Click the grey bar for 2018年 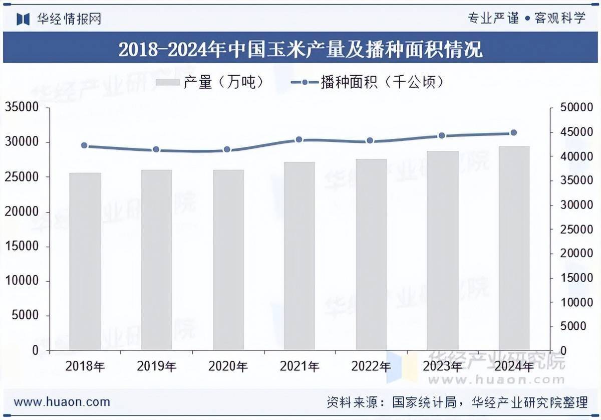85,261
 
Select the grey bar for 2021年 299,256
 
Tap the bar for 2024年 514,248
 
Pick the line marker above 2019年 156,149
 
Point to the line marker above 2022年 370,141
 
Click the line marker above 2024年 513,133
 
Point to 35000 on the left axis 22,108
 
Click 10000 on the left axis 22,281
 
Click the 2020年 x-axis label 228,367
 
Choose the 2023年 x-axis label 442,367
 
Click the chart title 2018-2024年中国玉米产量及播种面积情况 300,49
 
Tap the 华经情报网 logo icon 23,19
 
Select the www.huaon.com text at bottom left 62,402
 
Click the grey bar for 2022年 371,255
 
